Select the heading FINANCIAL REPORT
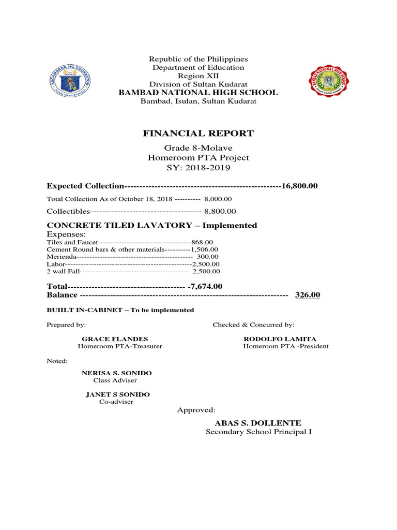198,134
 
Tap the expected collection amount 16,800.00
299,186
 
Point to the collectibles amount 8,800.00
220,211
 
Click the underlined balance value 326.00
308,295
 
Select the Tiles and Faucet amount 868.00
202,242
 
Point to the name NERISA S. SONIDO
117,373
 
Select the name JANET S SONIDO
117,394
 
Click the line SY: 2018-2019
198,168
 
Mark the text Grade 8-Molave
198,148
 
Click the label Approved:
196,410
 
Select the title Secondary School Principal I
258,432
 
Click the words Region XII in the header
198,76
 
